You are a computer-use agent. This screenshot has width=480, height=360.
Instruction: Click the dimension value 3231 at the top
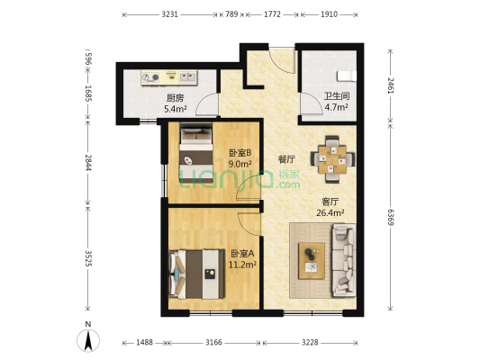click(x=169, y=14)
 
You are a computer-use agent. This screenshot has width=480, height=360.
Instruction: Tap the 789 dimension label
click(x=231, y=14)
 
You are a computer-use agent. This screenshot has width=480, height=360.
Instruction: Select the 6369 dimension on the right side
click(x=391, y=217)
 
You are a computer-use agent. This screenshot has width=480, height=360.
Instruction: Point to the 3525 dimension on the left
click(x=88, y=258)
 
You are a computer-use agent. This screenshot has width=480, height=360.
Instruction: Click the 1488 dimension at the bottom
click(x=144, y=342)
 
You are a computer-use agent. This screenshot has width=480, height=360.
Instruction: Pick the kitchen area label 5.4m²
click(x=176, y=109)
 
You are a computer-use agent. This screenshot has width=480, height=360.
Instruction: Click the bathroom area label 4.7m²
click(x=336, y=107)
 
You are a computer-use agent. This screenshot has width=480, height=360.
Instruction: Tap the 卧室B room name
click(x=240, y=152)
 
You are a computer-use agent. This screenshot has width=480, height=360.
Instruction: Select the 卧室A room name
click(x=242, y=254)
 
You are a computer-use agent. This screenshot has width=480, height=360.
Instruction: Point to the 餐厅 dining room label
click(x=286, y=159)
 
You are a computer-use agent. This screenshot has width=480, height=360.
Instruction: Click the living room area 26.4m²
click(x=330, y=212)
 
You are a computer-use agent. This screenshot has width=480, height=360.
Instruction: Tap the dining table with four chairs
click(x=332, y=159)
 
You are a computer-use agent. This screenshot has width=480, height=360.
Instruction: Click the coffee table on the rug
click(x=312, y=261)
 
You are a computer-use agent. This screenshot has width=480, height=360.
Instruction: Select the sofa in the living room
click(x=343, y=260)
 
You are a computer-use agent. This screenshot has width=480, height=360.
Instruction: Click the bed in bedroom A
click(x=196, y=274)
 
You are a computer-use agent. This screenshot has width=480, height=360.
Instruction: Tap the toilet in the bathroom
click(x=347, y=76)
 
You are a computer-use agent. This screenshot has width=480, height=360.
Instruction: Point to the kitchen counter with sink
click(x=169, y=77)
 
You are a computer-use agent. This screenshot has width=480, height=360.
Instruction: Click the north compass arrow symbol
click(x=88, y=340)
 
